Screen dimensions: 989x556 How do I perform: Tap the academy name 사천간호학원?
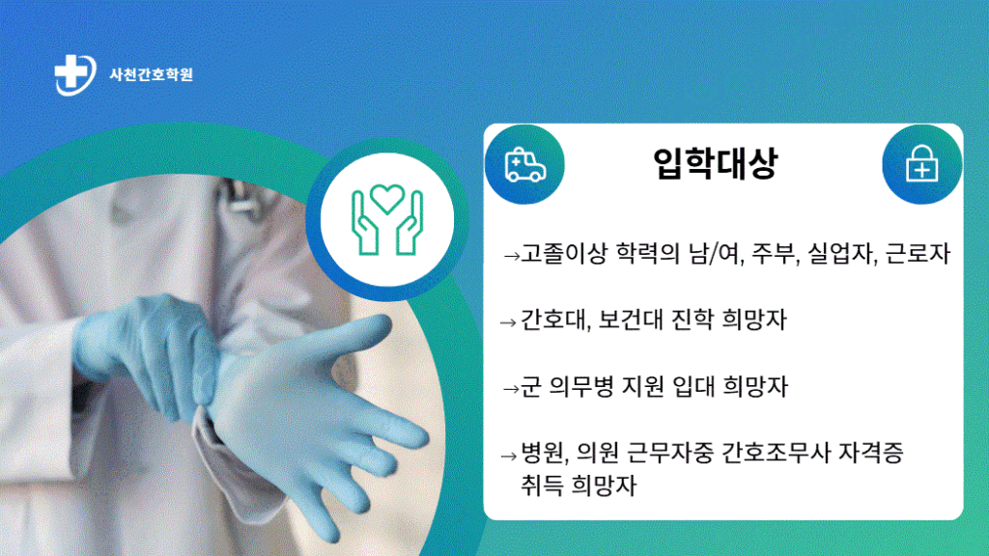click(152, 74)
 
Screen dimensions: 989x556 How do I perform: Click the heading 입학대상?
click(716, 163)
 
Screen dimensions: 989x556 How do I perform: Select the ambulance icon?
click(524, 165)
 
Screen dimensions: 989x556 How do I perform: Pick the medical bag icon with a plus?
click(921, 163)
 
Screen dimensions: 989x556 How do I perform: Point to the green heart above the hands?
click(387, 197)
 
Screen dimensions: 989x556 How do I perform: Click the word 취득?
click(541, 486)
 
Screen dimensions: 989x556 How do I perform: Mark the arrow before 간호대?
click(508, 322)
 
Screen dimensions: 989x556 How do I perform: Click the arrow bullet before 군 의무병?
click(511, 389)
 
